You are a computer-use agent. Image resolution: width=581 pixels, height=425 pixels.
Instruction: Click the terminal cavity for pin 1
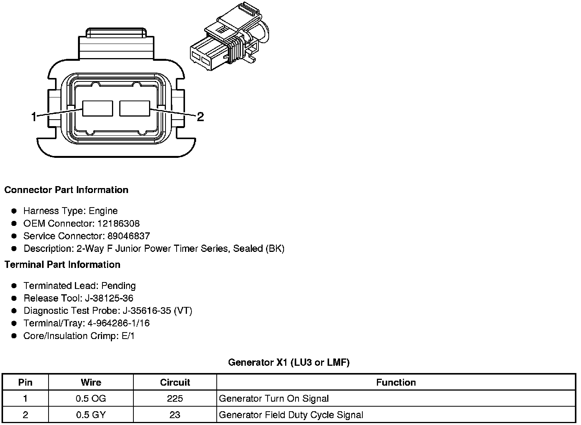[97, 109]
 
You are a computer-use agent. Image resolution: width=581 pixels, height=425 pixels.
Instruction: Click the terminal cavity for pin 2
[135, 109]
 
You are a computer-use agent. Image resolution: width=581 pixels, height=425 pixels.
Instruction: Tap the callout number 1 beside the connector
[34, 117]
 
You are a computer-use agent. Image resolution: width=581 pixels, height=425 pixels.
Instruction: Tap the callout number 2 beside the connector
[200, 117]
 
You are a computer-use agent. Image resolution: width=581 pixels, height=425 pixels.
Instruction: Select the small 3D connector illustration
[230, 36]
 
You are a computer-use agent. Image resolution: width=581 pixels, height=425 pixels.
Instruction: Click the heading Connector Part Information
[67, 190]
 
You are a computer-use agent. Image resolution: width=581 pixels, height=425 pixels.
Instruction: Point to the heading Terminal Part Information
[63, 264]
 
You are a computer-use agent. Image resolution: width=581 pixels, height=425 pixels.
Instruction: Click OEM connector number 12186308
[118, 223]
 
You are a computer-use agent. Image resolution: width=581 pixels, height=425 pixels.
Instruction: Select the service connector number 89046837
[129, 236]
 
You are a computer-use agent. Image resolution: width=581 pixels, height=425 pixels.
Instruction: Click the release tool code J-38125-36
[109, 298]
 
